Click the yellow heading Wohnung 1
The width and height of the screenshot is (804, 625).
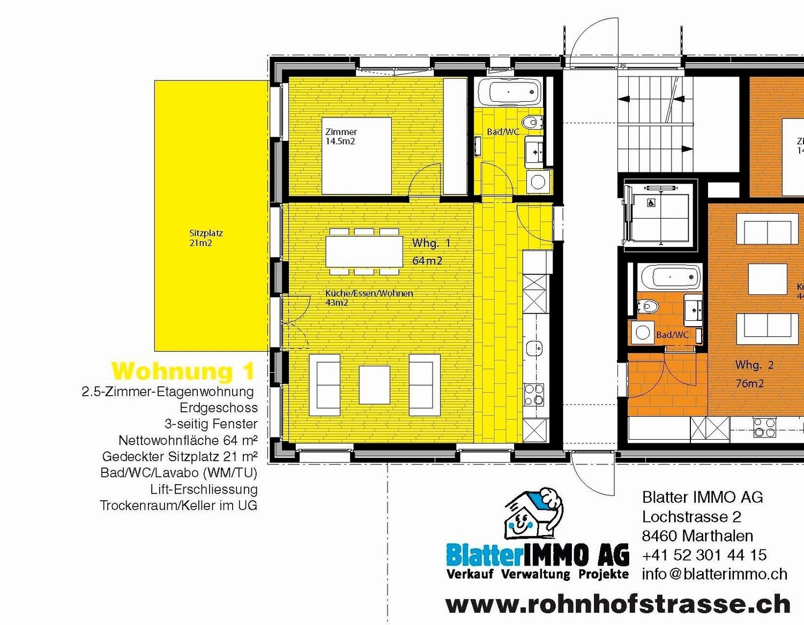pos(183,371)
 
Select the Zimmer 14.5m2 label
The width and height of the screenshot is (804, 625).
pos(341,137)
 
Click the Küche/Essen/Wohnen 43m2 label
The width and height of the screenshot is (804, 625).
pos(369,298)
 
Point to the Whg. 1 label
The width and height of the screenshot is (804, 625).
pos(431,243)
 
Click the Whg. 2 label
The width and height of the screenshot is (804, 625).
pos(755,365)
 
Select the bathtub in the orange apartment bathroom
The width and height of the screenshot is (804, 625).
pos(670,277)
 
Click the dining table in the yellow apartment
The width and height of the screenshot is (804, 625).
pos(364,252)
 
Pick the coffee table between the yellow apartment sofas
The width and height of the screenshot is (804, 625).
pos(374,385)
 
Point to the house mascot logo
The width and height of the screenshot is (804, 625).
pos(534,517)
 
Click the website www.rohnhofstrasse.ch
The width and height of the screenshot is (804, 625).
pos(617,604)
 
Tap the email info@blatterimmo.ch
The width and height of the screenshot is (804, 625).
pos(714,574)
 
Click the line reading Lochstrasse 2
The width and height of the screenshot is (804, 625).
pos(691,517)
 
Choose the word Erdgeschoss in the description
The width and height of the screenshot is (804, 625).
pos(218,408)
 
